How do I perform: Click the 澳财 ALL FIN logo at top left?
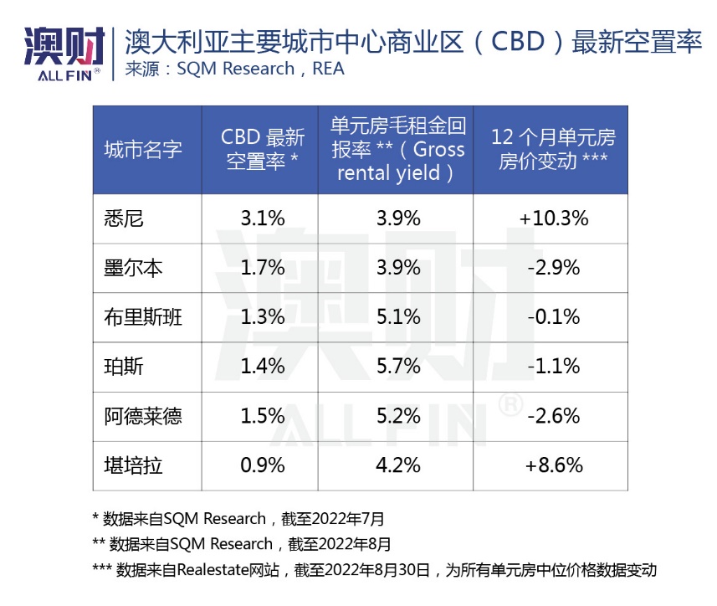[x=63, y=52]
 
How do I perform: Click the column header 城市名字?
[x=142, y=150]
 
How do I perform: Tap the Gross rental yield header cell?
[x=397, y=150]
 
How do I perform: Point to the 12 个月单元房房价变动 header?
[x=553, y=150]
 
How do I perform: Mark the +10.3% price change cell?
[x=553, y=218]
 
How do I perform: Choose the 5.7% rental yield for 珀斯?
[x=397, y=367]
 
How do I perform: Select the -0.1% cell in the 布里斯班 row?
[x=553, y=317]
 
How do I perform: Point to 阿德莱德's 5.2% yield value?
[x=397, y=416]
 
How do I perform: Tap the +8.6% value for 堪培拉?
[x=553, y=465]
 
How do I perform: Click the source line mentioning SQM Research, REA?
[x=234, y=69]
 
